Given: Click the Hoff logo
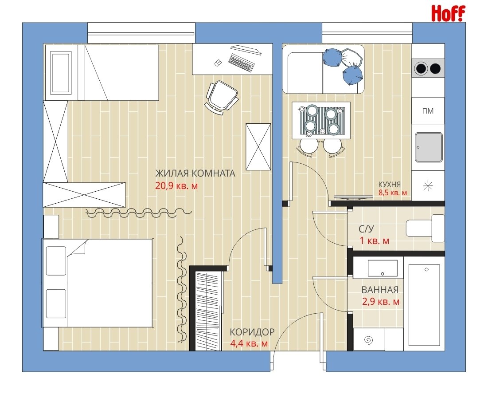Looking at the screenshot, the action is click(x=448, y=13).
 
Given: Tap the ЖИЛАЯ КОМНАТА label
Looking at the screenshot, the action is click(x=195, y=173).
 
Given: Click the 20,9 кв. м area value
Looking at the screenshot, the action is click(x=176, y=186).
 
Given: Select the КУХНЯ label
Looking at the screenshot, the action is click(x=389, y=185).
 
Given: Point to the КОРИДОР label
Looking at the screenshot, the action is click(x=252, y=332).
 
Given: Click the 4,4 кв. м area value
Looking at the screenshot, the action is click(x=249, y=343).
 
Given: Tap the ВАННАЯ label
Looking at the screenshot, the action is click(x=380, y=290).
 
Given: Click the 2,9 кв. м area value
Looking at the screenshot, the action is click(x=380, y=302).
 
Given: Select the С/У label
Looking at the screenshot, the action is click(x=366, y=229).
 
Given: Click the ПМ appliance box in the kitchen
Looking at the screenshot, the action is click(x=428, y=110).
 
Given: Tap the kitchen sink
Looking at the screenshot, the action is click(x=429, y=147).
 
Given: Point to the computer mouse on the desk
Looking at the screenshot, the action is click(x=218, y=63).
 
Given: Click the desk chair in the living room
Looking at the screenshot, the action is click(x=222, y=98).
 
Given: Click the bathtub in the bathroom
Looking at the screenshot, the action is click(x=424, y=305).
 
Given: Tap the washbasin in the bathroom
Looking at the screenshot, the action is click(x=383, y=268).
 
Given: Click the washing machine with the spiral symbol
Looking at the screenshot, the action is click(x=369, y=339).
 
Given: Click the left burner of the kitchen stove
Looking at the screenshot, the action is click(x=421, y=68).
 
